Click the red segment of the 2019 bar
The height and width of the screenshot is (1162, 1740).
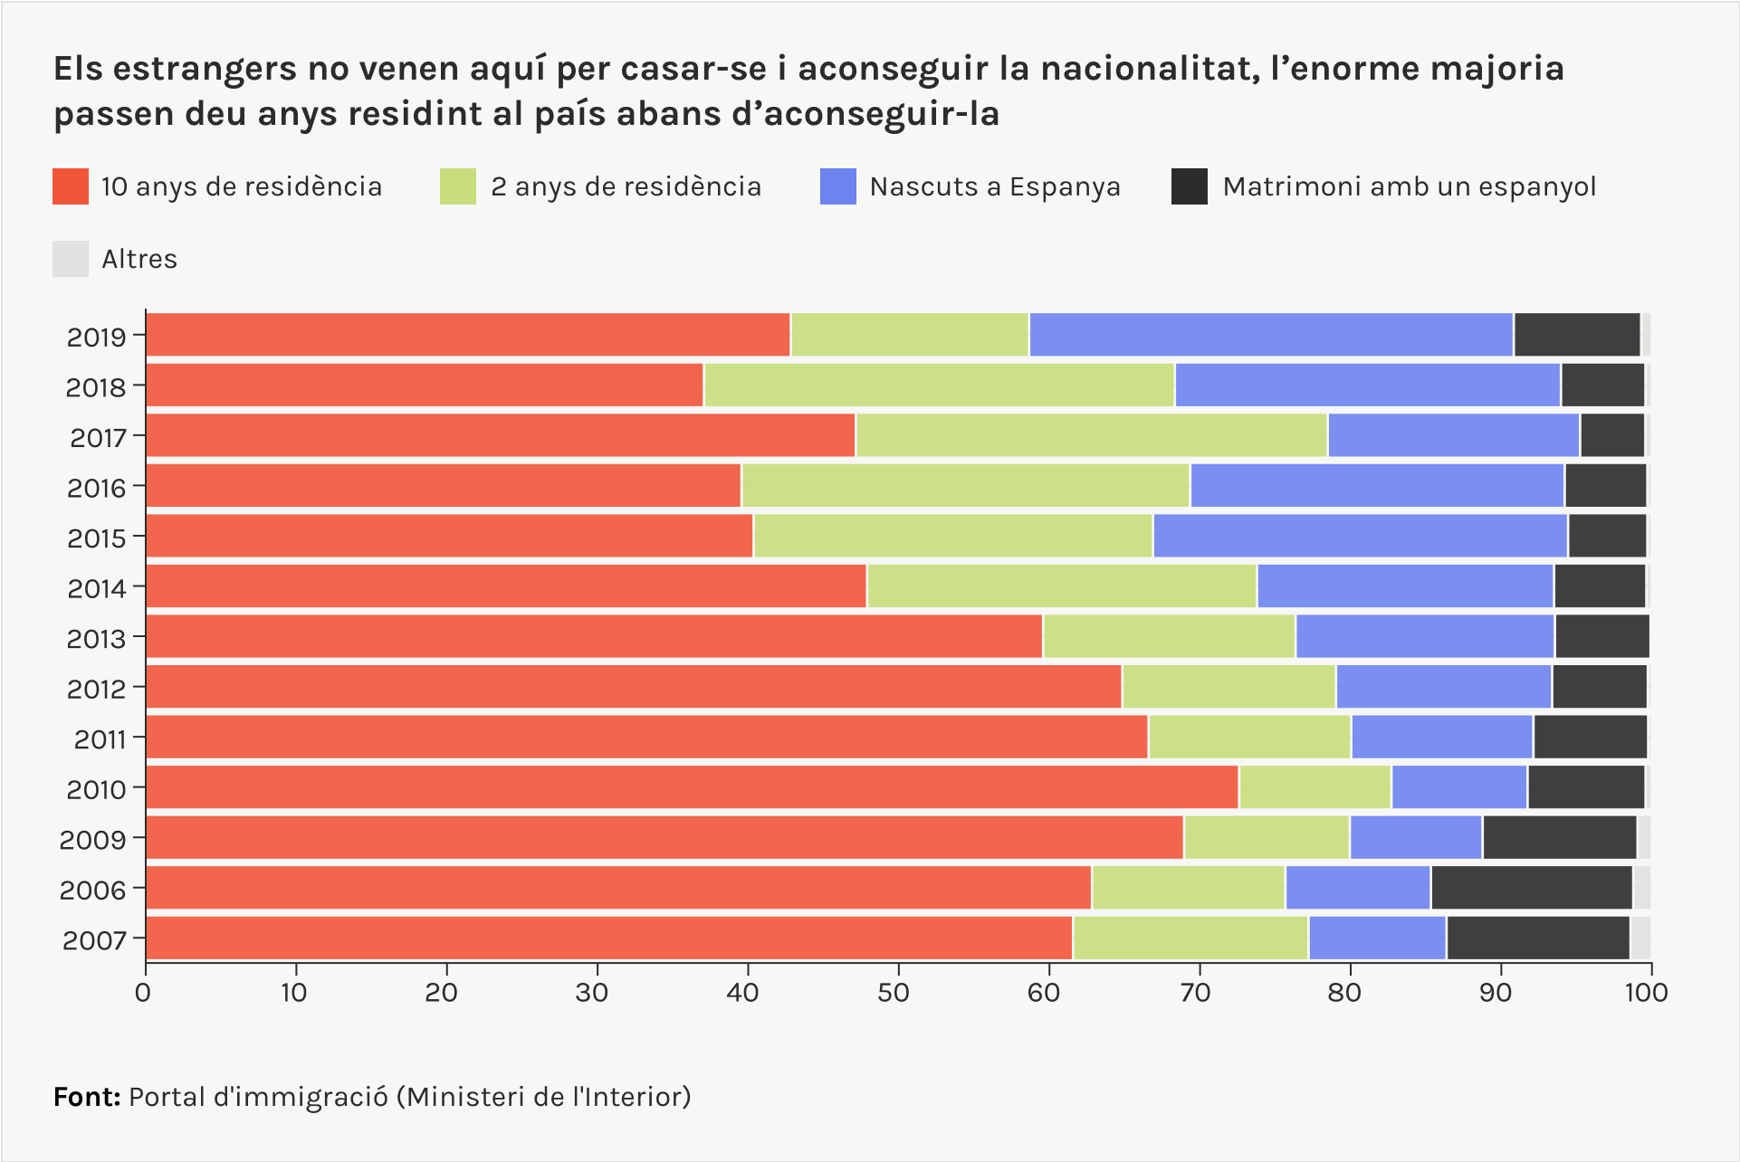(x=467, y=335)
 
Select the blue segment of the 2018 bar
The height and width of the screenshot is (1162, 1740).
(x=1367, y=386)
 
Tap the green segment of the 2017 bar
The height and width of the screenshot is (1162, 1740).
(x=1091, y=435)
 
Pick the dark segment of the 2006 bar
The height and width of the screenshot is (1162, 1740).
(x=1531, y=888)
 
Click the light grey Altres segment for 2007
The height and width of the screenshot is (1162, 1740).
(x=1640, y=938)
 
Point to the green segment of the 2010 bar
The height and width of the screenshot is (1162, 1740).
(x=1315, y=787)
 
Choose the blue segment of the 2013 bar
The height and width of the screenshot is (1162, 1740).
(x=1424, y=636)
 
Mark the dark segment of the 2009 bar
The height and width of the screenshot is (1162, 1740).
(x=1559, y=838)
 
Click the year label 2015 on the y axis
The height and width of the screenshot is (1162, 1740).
(x=96, y=538)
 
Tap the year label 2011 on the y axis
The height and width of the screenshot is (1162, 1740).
(x=100, y=739)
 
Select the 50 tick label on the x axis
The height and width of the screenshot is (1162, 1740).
(x=893, y=993)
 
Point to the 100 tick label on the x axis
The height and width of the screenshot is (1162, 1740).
(x=1646, y=993)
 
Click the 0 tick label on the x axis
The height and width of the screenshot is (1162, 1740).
(x=143, y=993)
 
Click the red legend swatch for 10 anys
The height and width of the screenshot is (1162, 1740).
(x=71, y=186)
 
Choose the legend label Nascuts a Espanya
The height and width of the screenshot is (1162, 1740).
(x=995, y=186)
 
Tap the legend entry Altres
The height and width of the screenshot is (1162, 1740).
(x=139, y=259)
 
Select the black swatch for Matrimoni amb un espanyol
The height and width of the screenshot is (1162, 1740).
(x=1189, y=186)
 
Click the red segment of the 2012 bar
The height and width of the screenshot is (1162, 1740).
(x=634, y=687)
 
